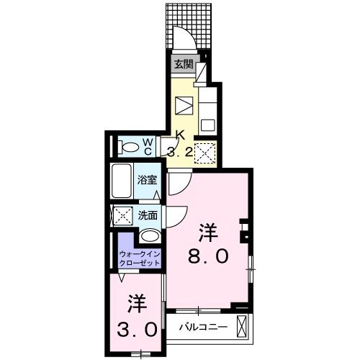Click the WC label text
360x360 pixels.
pyautogui.click(x=147, y=147)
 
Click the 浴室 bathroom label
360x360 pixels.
pyautogui.click(x=148, y=180)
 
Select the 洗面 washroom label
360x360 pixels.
pyautogui.click(x=148, y=214)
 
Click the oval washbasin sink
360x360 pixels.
pyautogui.click(x=150, y=236)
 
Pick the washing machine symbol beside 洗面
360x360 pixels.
pyautogui.click(x=122, y=215)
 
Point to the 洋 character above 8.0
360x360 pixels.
pyautogui.click(x=209, y=232)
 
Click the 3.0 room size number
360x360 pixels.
pyautogui.click(x=137, y=330)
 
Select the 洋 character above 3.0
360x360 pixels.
pyautogui.click(x=137, y=302)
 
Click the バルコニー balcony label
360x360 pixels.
pyautogui.click(x=204, y=328)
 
